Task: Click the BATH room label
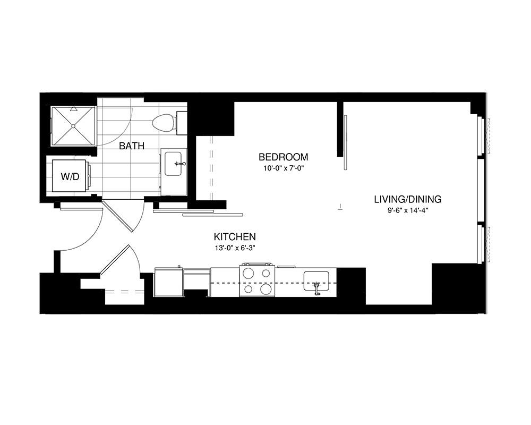point(132,146)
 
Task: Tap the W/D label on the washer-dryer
point(70,176)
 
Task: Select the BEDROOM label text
point(284,157)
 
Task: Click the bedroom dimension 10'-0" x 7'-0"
point(284,168)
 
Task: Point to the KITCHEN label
point(235,236)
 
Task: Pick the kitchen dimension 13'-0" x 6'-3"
point(235,248)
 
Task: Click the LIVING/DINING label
point(408,199)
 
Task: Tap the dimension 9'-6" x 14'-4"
point(408,210)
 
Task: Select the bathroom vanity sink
point(174,164)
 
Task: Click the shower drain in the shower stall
point(73,126)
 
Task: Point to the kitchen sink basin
point(316,280)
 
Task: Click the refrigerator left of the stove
point(169,282)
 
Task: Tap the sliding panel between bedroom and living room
point(346,142)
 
